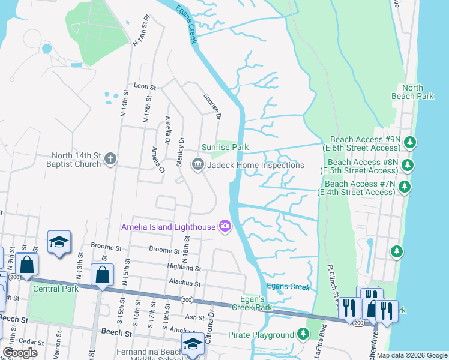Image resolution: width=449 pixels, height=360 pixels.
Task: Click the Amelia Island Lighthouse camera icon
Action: coord(225,226)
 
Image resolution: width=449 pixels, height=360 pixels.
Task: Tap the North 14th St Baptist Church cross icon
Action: coord(110,159)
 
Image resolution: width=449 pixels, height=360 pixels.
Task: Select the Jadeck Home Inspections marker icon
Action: coord(197,164)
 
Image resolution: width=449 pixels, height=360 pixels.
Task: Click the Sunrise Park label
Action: coord(224,147)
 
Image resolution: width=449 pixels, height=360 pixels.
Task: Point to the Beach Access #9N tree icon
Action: coord(410,142)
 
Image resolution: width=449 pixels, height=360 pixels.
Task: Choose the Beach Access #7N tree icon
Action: coord(405,187)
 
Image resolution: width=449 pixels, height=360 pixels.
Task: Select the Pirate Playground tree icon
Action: coord(304,334)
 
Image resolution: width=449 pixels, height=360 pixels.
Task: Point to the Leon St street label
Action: coord(145,87)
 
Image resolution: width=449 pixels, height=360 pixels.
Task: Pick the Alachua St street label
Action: coord(182,283)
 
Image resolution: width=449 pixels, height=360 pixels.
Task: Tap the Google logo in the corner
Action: coord(20,353)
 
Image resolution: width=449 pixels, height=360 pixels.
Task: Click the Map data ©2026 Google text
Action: coord(411,355)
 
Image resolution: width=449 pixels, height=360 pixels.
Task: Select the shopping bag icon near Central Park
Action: coord(102,275)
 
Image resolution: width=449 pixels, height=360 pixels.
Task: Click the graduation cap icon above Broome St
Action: coord(59,242)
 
